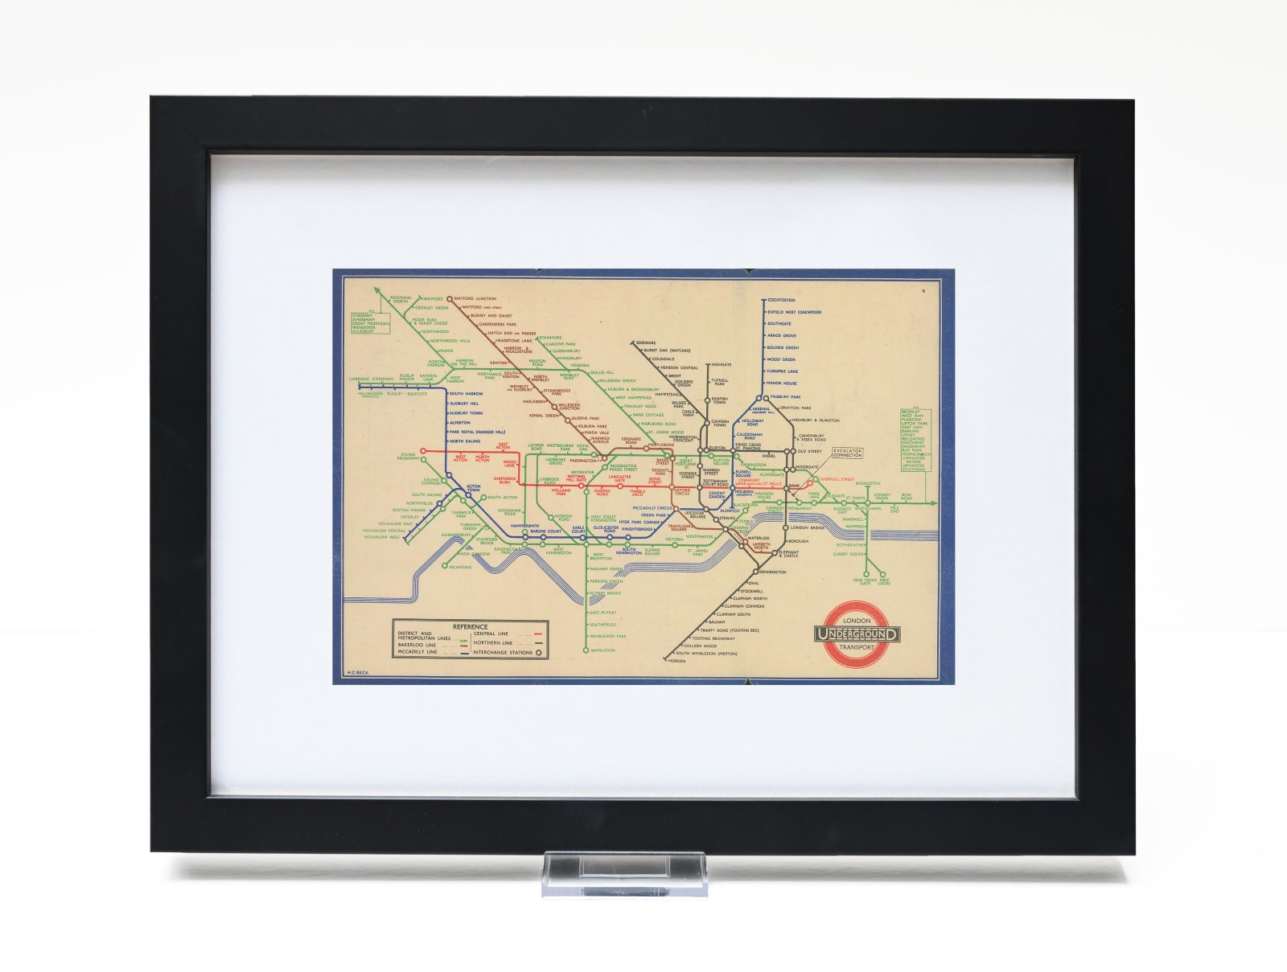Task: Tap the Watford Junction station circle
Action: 450,298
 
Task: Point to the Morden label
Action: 676,661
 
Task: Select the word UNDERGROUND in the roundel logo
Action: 857,635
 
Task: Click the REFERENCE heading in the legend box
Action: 470,626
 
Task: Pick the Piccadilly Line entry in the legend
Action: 417,652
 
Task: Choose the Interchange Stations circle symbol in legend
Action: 537,653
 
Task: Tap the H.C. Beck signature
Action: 356,671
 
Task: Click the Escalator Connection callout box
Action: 847,453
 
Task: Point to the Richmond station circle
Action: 445,566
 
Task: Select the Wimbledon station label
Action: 602,650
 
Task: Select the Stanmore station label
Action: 550,337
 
